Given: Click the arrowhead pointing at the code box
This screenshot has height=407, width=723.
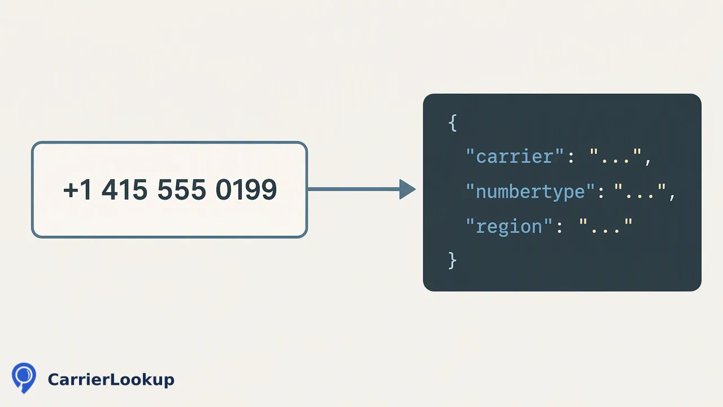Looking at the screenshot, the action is pos(407,189).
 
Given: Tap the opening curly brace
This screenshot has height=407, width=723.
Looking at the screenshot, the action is pos(453,123).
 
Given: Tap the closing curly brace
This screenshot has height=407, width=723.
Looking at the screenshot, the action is pos(453,261).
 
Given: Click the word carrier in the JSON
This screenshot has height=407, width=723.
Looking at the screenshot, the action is pos(515,157).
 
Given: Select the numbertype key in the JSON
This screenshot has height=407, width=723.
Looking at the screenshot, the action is pos(530,192).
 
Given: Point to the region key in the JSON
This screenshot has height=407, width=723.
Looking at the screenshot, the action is pos(509,226).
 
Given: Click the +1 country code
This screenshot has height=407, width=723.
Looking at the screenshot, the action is pos(77,189).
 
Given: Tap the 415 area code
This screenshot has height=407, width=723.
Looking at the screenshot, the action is pos(125,189).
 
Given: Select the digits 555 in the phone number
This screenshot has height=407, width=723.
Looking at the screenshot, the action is pos(181,189).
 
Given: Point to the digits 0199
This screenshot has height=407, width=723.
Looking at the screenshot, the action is pos(246,189).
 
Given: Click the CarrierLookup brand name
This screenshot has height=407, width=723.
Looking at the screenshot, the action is pos(111,379).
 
